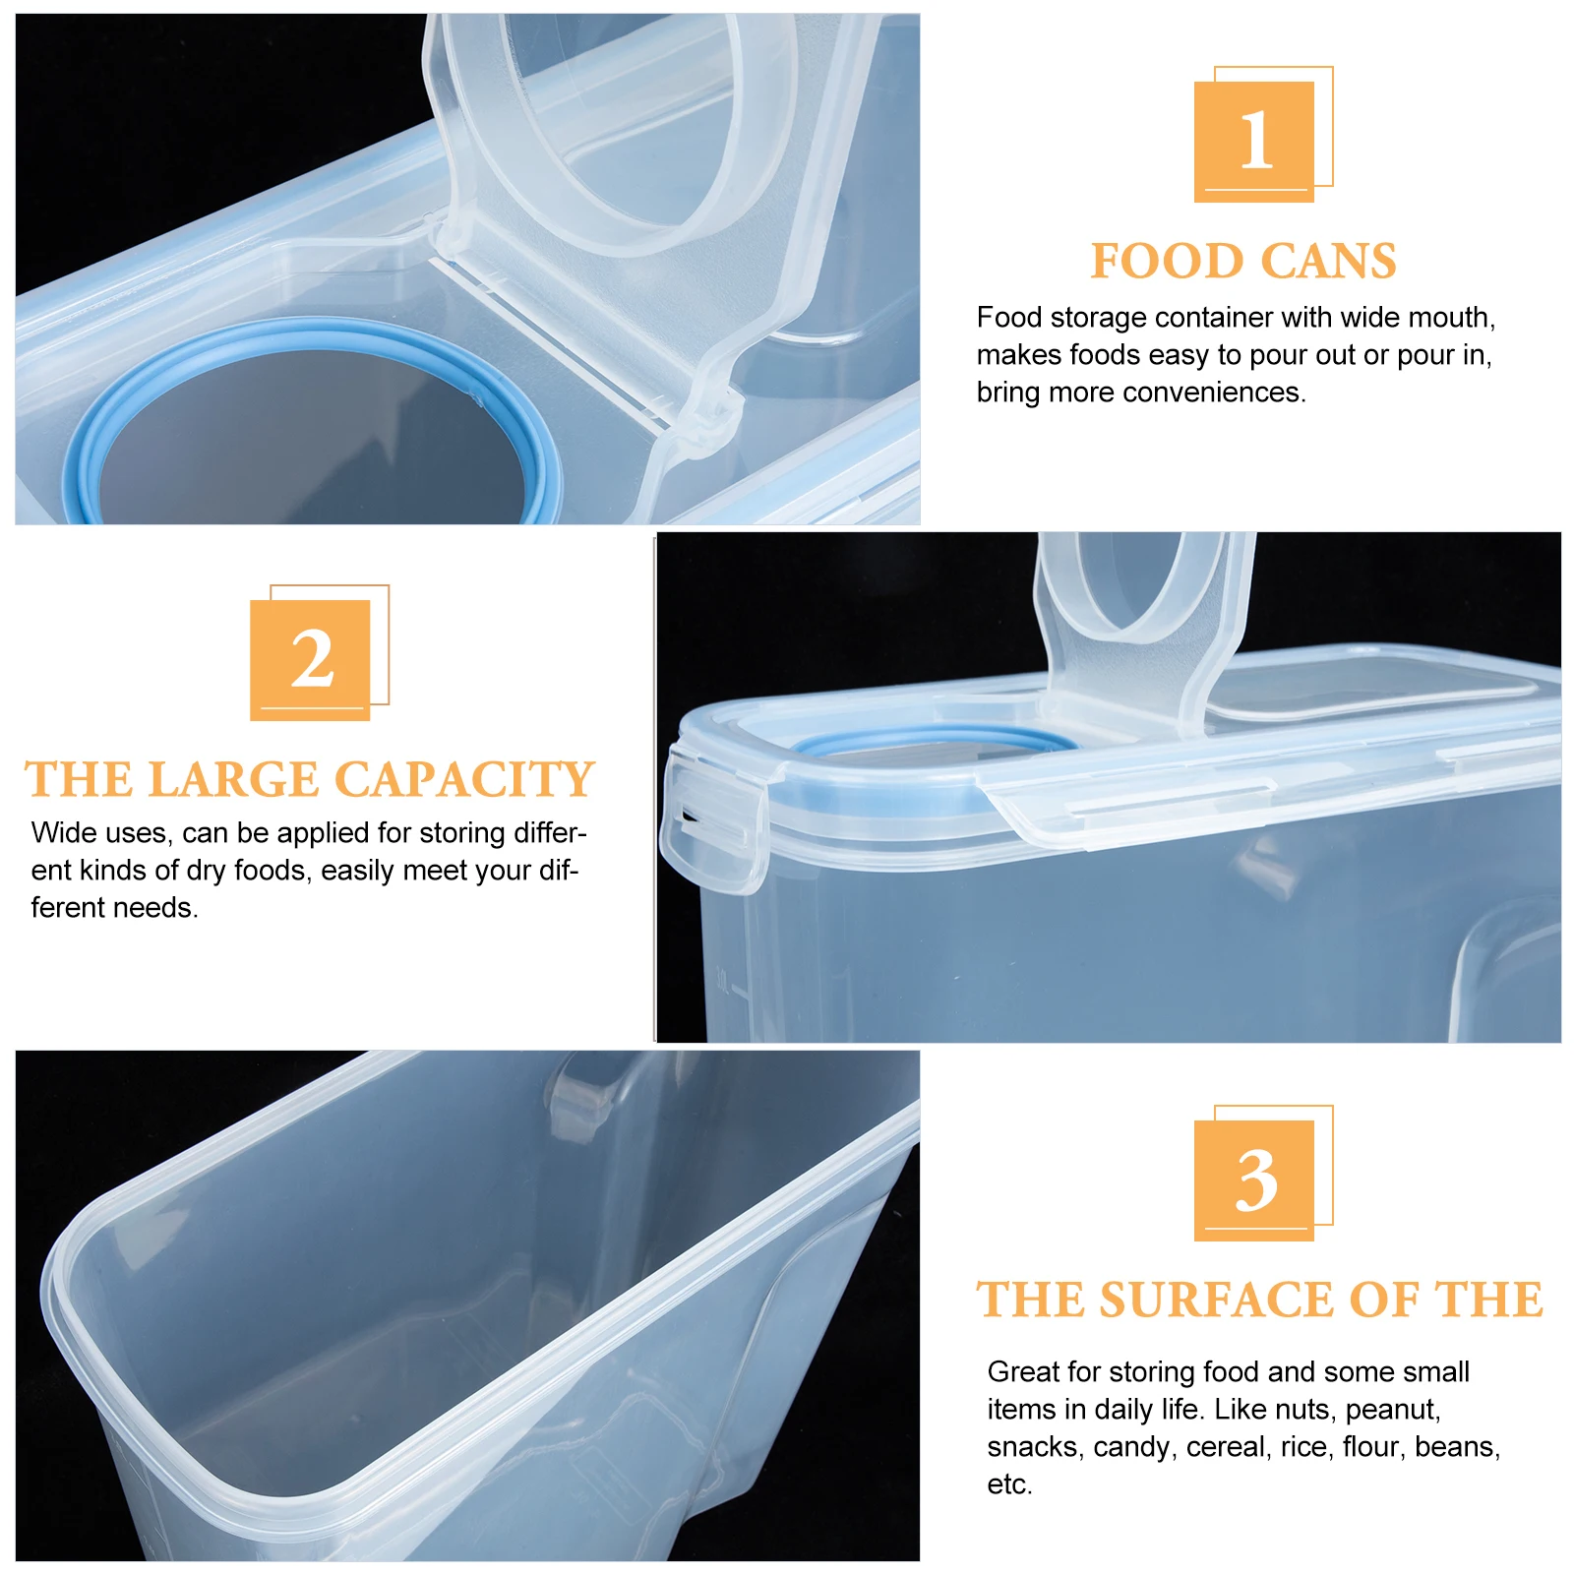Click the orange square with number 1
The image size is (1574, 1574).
click(1253, 141)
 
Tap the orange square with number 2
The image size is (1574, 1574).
click(310, 659)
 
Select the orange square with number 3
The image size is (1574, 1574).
click(1253, 1180)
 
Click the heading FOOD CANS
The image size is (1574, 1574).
click(1243, 262)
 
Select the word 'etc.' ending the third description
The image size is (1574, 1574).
click(1009, 1484)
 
